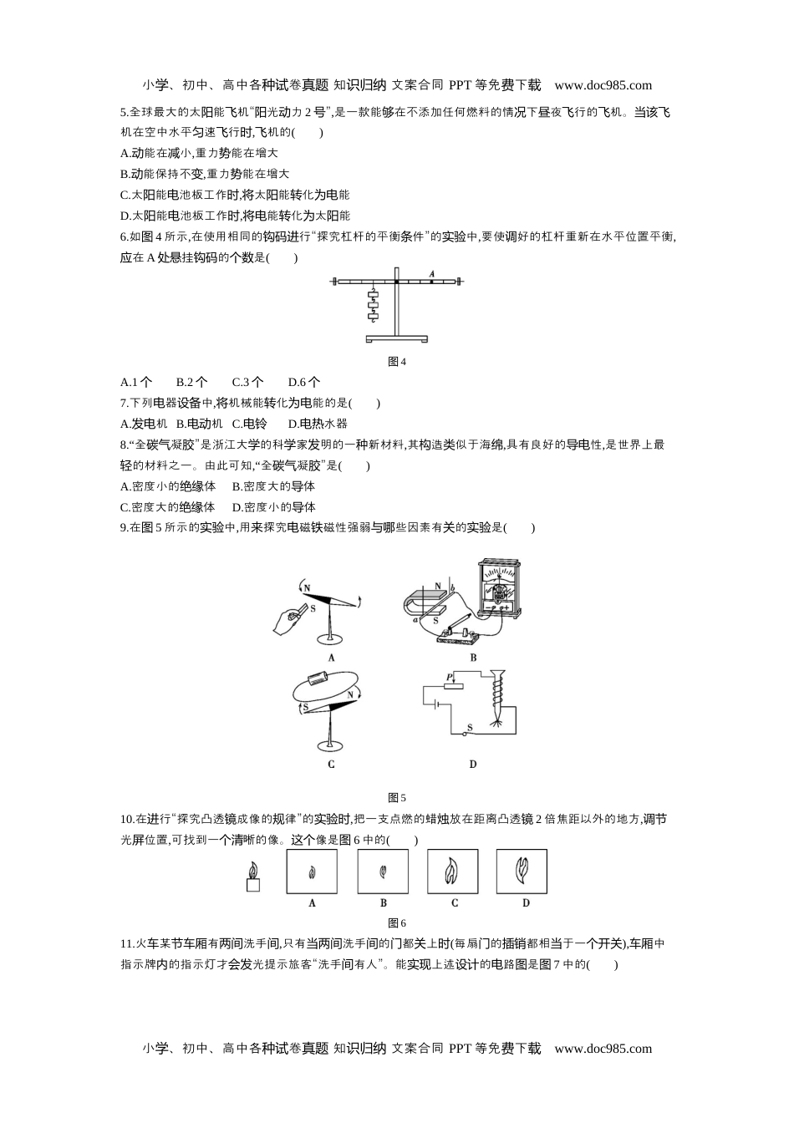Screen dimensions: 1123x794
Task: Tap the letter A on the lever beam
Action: coord(432,273)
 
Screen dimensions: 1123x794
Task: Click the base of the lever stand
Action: coord(397,338)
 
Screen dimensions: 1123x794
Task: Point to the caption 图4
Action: coord(397,362)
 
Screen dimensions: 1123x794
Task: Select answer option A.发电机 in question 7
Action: coord(144,424)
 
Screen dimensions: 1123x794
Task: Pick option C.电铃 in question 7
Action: coord(249,424)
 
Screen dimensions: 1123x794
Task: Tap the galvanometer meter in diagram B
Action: coord(500,587)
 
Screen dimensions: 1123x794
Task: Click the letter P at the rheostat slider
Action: coord(449,677)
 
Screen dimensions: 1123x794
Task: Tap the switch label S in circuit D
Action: coord(470,727)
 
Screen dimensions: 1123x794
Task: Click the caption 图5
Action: coord(397,798)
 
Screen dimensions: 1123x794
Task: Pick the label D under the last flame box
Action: coord(526,902)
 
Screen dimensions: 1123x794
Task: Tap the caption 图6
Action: coord(397,923)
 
